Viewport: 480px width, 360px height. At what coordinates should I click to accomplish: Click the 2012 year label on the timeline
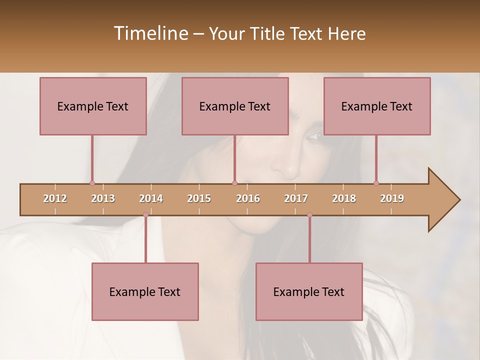coord(55,198)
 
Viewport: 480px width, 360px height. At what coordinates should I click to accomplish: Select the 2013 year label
coord(103,198)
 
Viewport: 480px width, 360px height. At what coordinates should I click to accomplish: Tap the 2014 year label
coord(151,198)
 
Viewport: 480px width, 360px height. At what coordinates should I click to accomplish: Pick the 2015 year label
coord(199,198)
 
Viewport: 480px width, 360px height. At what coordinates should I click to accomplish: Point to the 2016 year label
coord(248,198)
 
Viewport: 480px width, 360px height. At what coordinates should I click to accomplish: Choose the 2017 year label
coord(296,198)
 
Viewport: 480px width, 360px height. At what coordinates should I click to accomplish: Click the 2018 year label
coord(344,198)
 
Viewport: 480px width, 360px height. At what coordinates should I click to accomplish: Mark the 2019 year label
coord(392,198)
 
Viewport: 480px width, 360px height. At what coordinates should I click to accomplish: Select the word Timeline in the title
coord(150,33)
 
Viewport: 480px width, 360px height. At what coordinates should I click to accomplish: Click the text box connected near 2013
coord(93,106)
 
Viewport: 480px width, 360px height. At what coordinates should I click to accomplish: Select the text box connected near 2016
coord(235,106)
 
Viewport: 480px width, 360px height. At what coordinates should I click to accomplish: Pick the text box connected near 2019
coord(377,106)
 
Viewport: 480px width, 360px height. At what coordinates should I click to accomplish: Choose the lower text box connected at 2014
coord(145,291)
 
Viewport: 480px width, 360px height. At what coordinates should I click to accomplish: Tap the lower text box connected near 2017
coord(309,291)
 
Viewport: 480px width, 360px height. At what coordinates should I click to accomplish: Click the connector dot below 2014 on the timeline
coord(145,215)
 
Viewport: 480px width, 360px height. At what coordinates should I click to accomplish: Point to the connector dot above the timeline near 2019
coord(376,183)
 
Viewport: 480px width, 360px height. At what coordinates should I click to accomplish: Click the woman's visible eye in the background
coord(315,135)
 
